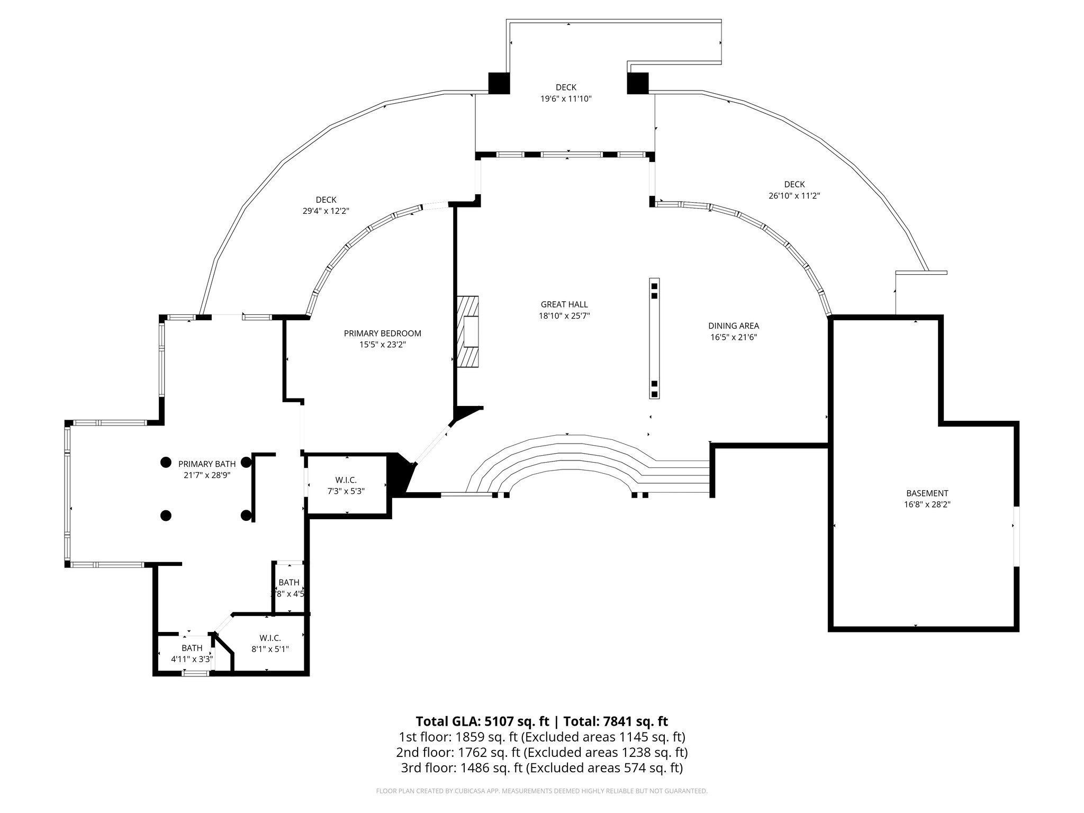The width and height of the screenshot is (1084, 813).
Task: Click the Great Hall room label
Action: click(x=564, y=305)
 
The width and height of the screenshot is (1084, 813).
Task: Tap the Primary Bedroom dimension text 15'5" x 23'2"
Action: click(x=382, y=345)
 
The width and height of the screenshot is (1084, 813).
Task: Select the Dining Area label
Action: click(x=734, y=326)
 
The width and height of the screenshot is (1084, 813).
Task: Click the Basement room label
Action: click(x=927, y=493)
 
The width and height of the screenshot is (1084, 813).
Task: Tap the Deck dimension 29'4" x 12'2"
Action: click(x=326, y=211)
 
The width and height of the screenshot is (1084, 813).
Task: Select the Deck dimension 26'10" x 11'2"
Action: click(x=794, y=195)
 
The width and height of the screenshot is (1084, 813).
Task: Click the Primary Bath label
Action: click(x=207, y=464)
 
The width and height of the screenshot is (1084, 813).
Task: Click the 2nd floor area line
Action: click(x=541, y=752)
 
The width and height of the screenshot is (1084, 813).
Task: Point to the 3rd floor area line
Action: click(x=541, y=767)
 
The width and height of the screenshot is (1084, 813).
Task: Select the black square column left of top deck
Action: click(x=499, y=83)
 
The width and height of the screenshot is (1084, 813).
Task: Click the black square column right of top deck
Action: click(x=638, y=83)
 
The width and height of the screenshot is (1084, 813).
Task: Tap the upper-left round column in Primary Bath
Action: click(x=166, y=462)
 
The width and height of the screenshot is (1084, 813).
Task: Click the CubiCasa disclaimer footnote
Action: click(x=541, y=791)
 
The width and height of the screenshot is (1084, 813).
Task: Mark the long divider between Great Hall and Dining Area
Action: click(x=655, y=338)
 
